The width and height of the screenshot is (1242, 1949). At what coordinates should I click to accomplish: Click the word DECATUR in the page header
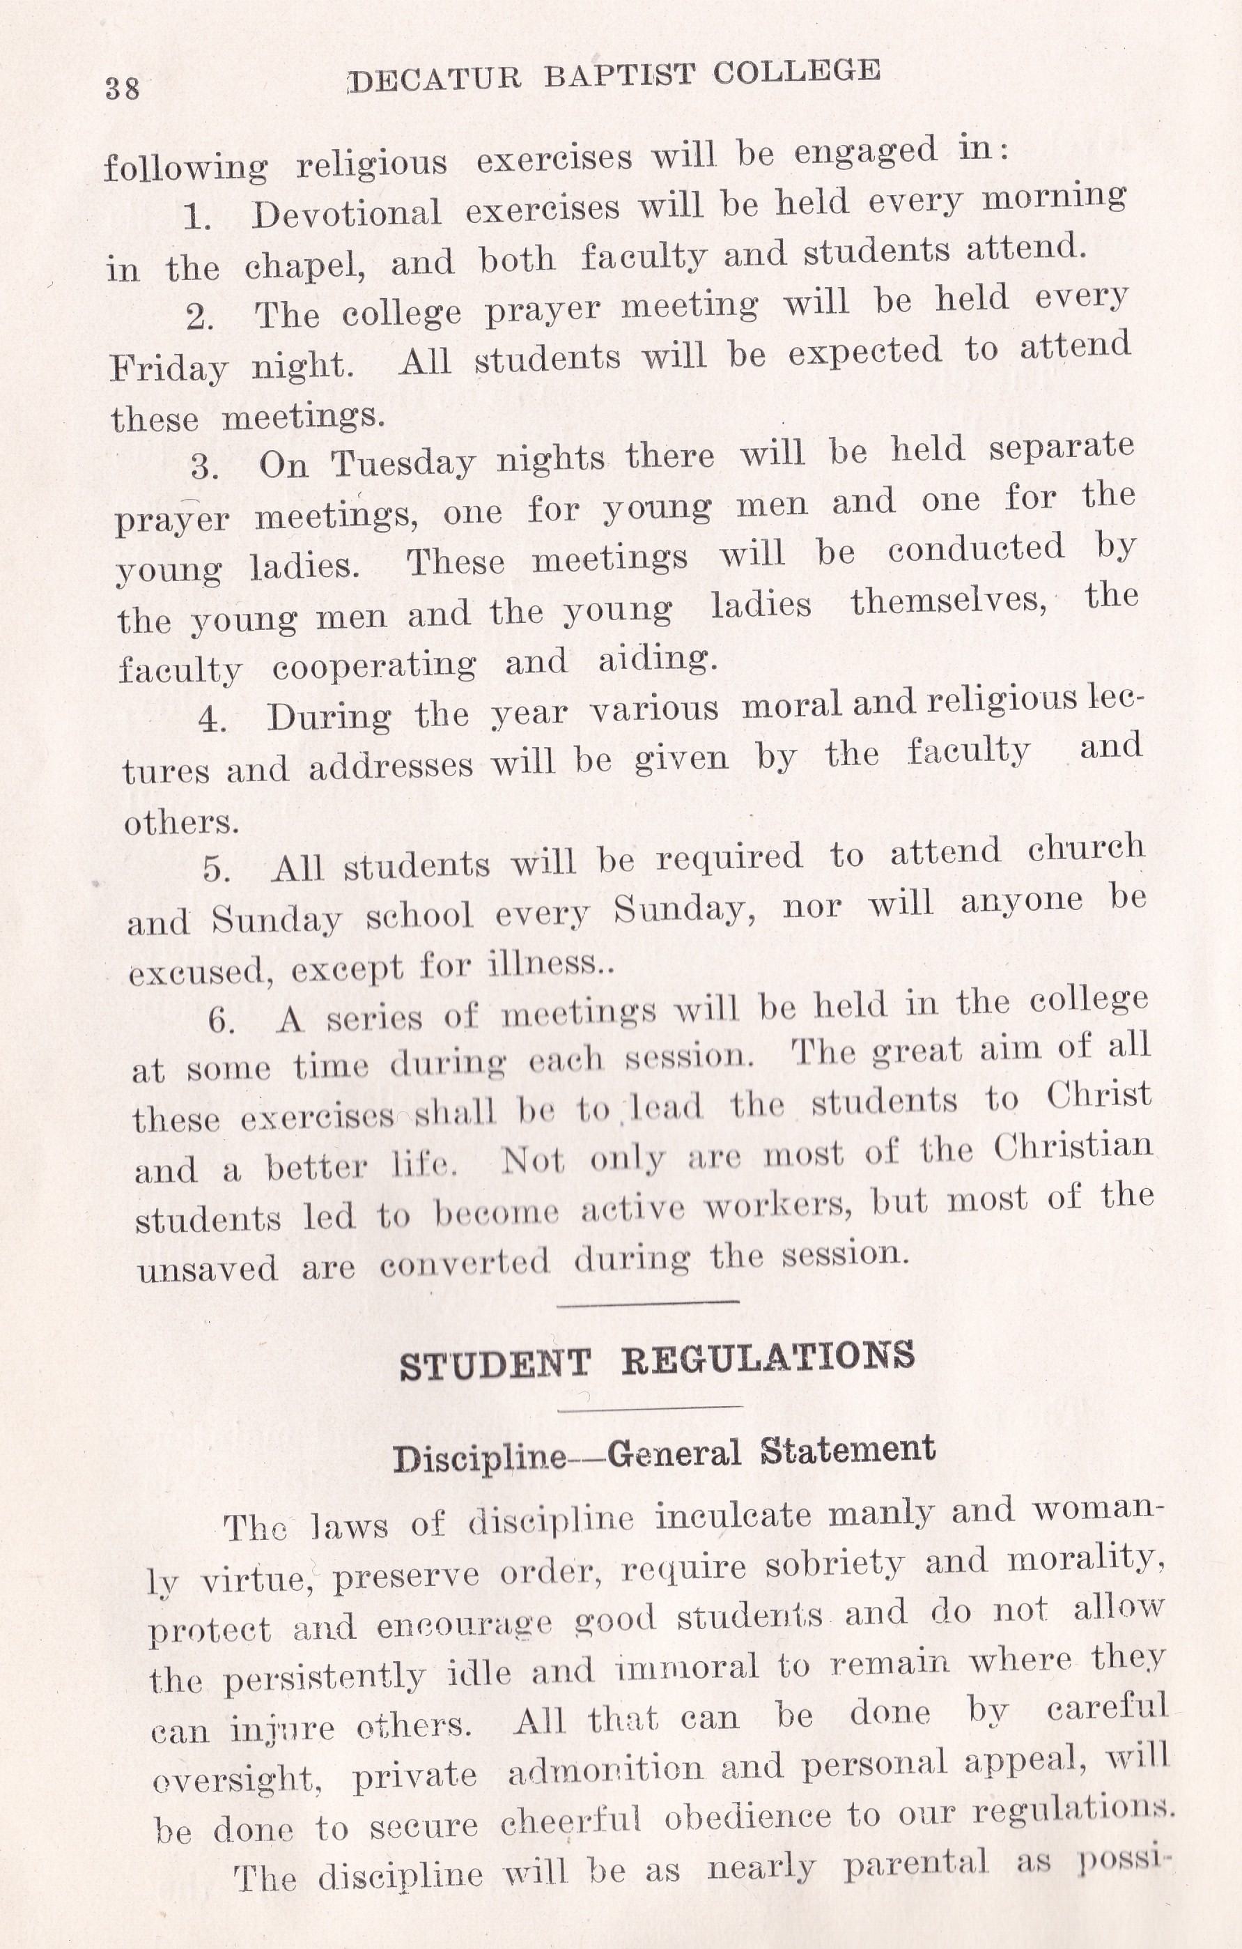click(x=435, y=79)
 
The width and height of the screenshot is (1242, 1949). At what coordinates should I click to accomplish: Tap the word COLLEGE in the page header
click(x=796, y=71)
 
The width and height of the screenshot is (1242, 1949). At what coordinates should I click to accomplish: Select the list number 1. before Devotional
click(x=197, y=217)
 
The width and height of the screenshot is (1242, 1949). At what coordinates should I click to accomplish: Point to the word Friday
click(x=169, y=369)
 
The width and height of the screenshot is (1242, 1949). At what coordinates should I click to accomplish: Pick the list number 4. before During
click(x=212, y=718)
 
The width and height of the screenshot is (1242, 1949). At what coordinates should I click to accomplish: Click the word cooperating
click(x=374, y=666)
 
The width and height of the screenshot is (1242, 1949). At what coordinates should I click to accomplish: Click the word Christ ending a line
click(x=1098, y=1096)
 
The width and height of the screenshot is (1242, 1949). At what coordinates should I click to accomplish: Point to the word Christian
click(x=1073, y=1147)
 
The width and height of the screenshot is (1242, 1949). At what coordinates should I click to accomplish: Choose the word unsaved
click(x=207, y=1268)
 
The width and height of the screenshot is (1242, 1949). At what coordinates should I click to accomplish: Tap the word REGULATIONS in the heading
click(x=768, y=1357)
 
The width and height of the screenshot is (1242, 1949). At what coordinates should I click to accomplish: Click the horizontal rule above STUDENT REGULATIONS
click(x=649, y=1302)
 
